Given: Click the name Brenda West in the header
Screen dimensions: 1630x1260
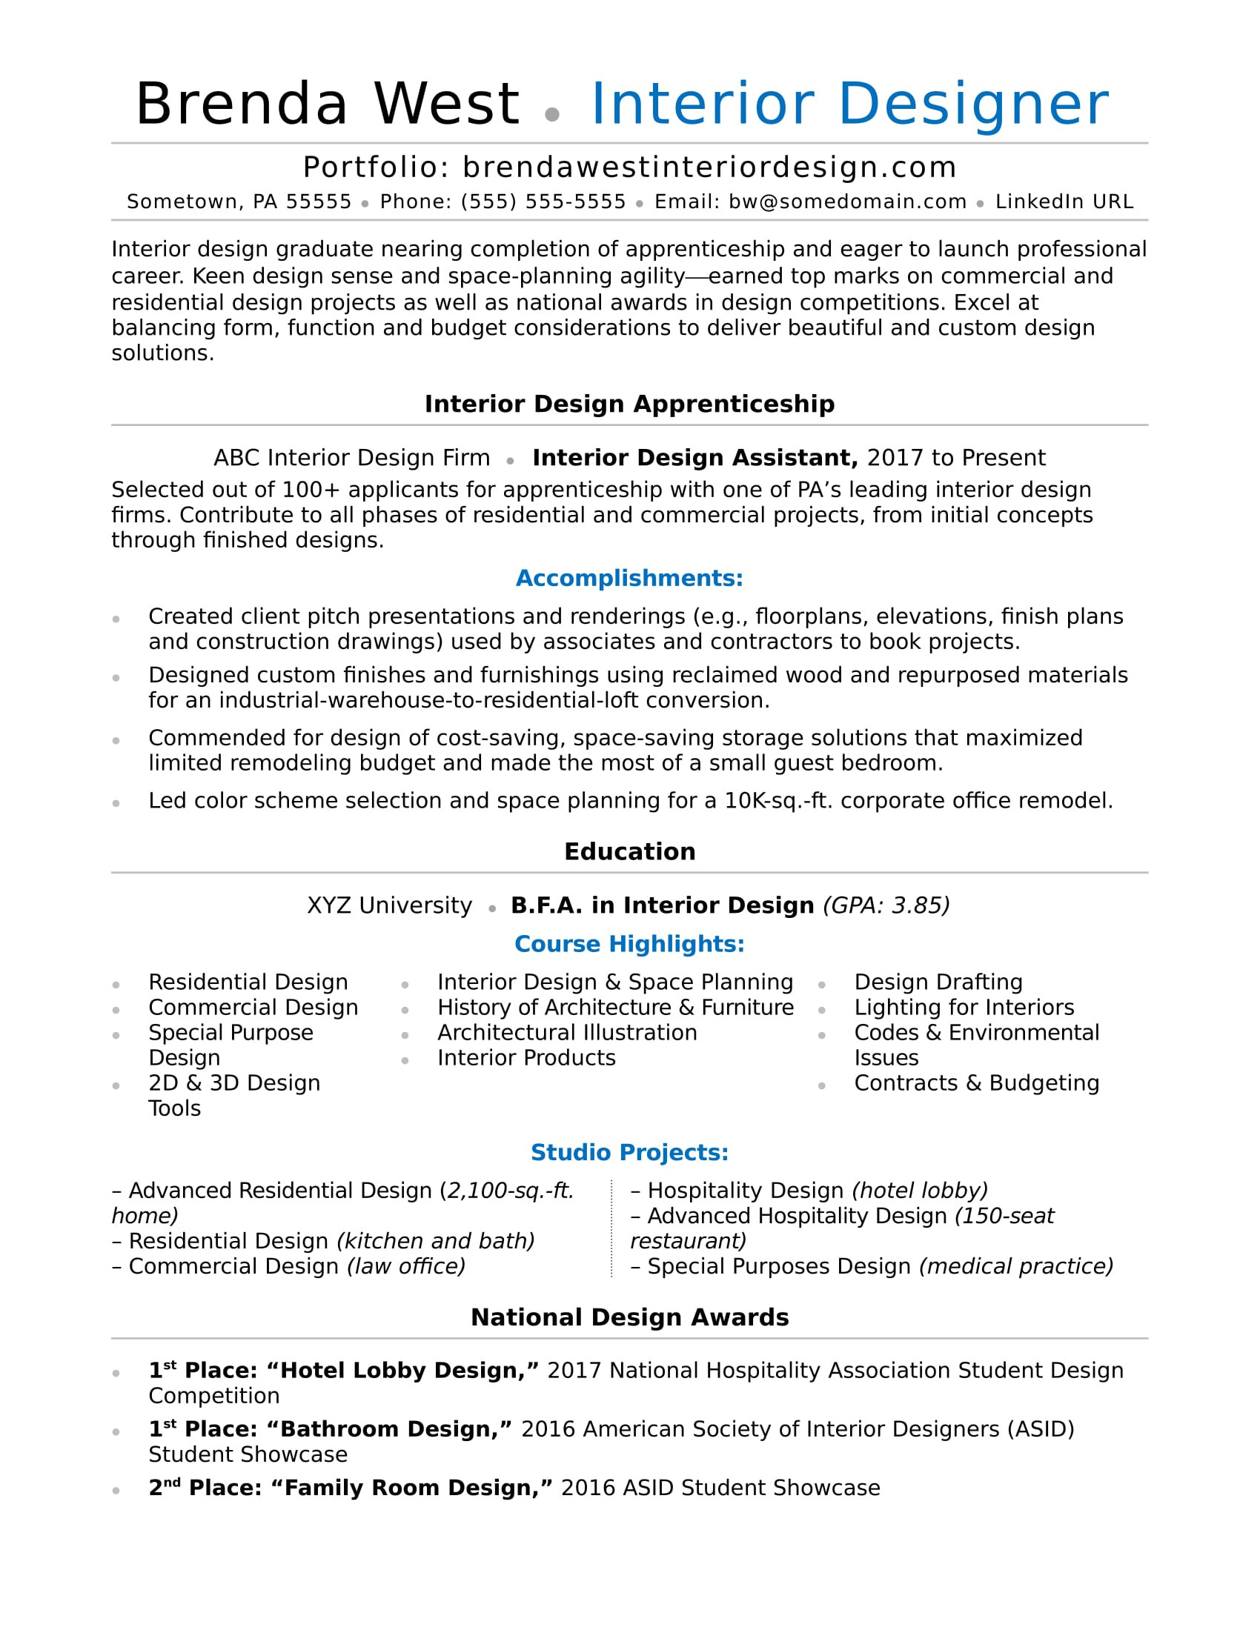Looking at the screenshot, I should point(327,104).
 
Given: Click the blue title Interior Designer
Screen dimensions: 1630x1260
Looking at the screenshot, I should point(849,104).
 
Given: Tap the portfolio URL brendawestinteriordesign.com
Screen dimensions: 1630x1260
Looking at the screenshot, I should point(709,167).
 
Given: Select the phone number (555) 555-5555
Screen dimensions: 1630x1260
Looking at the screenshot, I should point(543,202).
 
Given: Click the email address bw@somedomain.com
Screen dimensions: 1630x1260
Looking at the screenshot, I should point(847,202).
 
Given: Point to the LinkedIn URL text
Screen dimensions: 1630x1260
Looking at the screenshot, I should point(1064,202).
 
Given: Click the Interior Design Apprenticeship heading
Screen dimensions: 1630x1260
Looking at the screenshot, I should point(629,404).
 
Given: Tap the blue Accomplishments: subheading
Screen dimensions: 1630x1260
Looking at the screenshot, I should point(629,578).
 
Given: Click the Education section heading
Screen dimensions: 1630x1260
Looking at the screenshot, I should point(629,851).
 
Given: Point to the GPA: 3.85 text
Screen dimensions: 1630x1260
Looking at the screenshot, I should point(886,905).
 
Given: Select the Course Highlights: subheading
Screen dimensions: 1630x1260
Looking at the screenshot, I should point(629,944).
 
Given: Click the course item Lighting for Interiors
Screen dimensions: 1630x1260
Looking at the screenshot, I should point(964,1008).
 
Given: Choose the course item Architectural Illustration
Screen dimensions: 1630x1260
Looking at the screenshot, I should point(566,1033).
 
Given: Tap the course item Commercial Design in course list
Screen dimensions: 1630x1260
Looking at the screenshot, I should point(253,1008).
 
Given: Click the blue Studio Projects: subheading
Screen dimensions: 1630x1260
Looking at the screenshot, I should point(629,1152).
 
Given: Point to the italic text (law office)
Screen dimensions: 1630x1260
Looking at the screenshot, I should point(406,1266).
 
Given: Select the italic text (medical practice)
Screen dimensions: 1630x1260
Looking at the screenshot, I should point(1016,1266).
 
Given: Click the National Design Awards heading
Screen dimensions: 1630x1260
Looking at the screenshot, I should point(629,1317).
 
